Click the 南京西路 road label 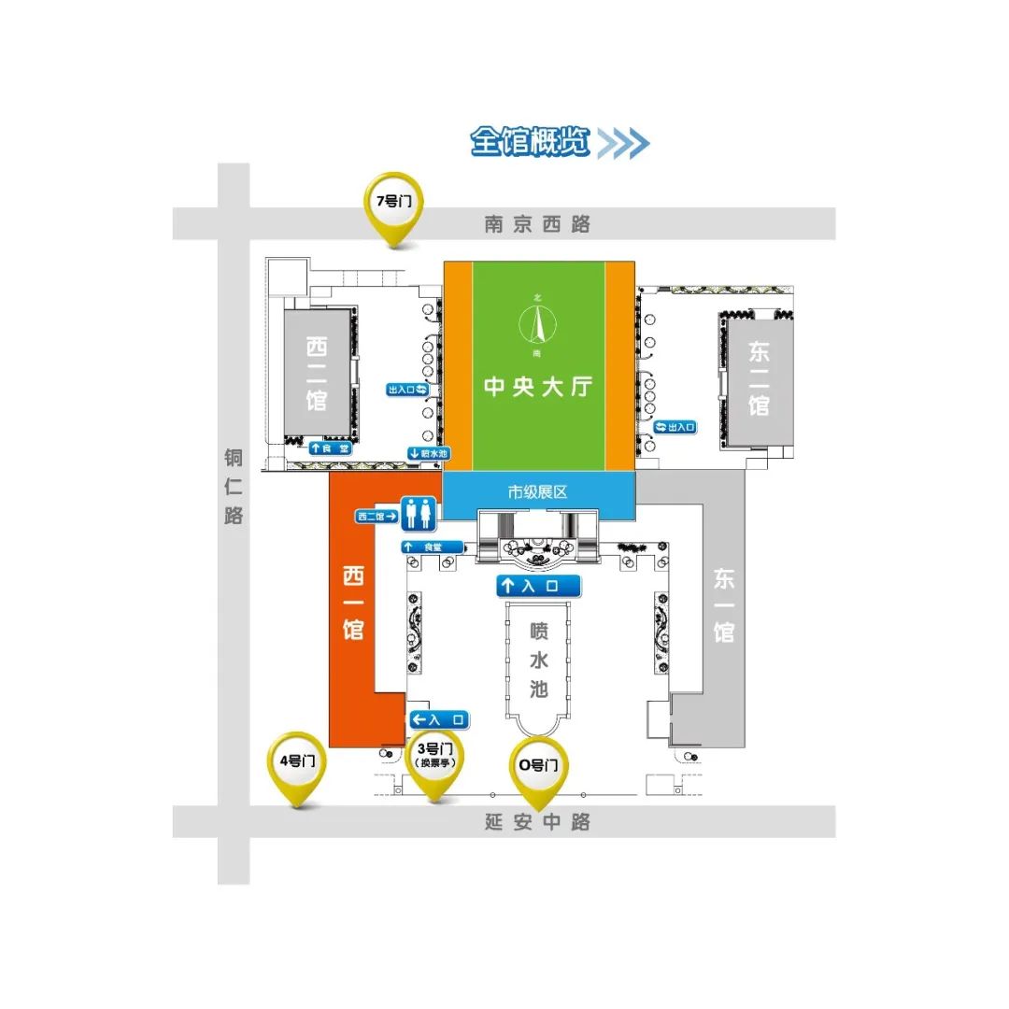pos(537,224)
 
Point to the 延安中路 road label pos(537,823)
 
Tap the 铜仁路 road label pos(234,486)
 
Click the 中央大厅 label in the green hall pos(538,386)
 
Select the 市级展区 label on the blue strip pos(537,491)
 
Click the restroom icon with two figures pos(418,514)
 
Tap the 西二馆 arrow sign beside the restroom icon pos(377,515)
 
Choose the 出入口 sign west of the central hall pos(408,389)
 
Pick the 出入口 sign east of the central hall pos(675,427)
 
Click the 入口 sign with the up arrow pos(538,586)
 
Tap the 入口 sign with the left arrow pos(439,719)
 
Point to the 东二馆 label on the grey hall pos(759,378)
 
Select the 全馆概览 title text pos(531,142)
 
